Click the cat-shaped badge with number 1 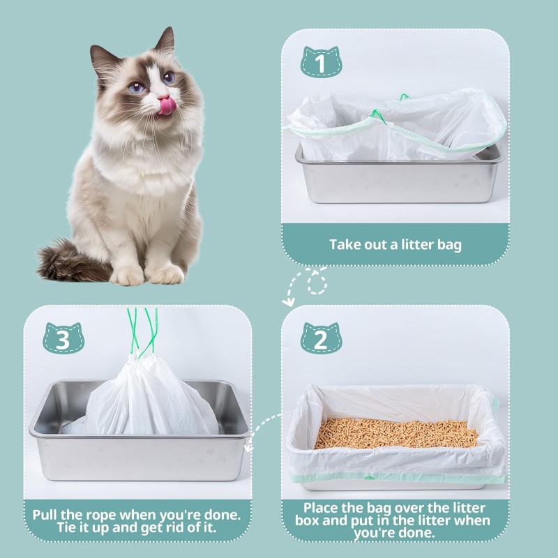322,64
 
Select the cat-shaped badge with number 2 322,339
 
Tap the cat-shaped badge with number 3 63,339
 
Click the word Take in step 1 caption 344,245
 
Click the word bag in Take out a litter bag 448,245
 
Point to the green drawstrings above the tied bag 143,331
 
